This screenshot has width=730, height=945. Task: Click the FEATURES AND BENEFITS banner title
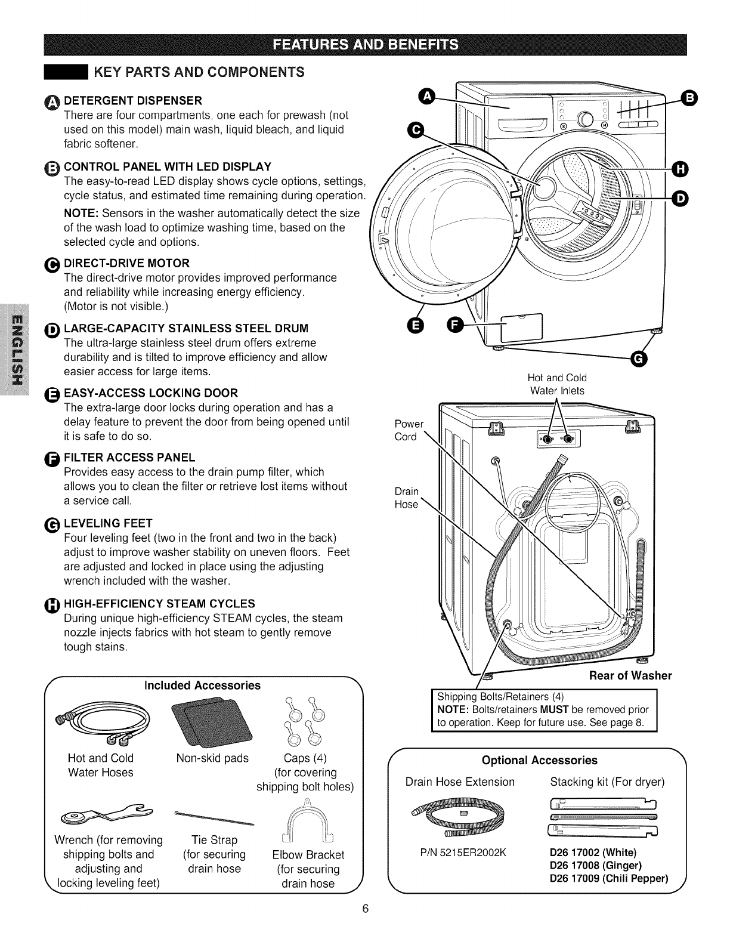pyautogui.click(x=365, y=45)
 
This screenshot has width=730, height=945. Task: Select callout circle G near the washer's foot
pyautogui.click(x=639, y=359)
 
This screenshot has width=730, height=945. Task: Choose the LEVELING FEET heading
pyautogui.click(x=108, y=524)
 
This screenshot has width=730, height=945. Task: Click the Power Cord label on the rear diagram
pyautogui.click(x=409, y=430)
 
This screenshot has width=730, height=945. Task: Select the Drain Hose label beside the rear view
pyautogui.click(x=407, y=498)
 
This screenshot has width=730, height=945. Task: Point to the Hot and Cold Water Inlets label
pyautogui.click(x=557, y=384)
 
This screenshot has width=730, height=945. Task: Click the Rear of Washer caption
pyautogui.click(x=630, y=675)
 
